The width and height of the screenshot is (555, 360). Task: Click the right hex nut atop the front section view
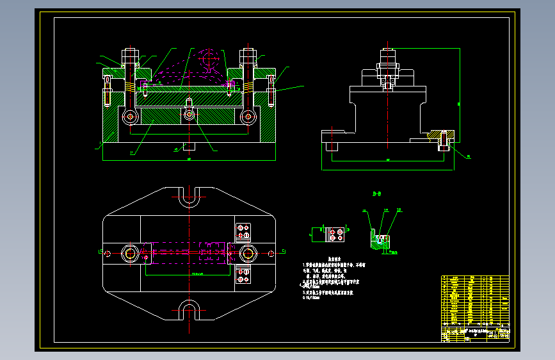tap(247, 55)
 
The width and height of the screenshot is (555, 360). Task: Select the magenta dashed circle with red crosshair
tap(209, 59)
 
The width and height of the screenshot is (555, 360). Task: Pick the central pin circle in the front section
tap(189, 115)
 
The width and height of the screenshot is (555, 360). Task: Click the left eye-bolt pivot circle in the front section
tap(131, 117)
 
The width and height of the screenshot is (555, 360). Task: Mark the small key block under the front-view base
tap(189, 145)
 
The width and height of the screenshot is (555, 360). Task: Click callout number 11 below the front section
tap(132, 152)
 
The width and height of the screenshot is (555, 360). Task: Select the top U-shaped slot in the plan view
tap(189, 197)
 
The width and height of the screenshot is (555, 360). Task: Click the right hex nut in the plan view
tap(248, 253)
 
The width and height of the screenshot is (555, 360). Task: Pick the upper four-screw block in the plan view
tap(243, 229)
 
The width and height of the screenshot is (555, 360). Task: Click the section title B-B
tap(378, 193)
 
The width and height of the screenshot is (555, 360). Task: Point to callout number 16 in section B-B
tap(366, 210)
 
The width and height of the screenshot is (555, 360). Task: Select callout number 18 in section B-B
tap(399, 210)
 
